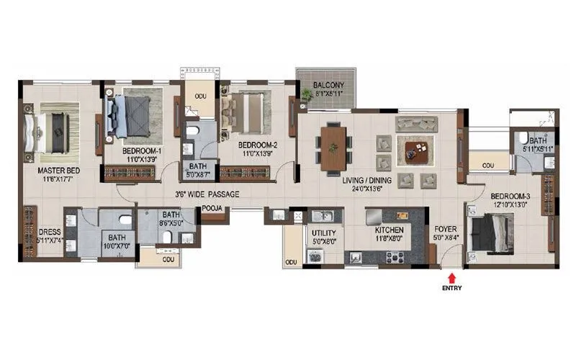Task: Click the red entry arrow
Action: click(x=451, y=276)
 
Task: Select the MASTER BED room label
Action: click(x=59, y=170)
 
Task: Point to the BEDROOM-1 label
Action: click(x=141, y=150)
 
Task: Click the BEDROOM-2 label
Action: click(x=257, y=144)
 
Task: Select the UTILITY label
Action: click(x=323, y=233)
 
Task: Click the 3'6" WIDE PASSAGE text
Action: click(x=207, y=194)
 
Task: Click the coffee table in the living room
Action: click(x=417, y=150)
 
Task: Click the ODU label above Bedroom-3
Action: click(x=488, y=166)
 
